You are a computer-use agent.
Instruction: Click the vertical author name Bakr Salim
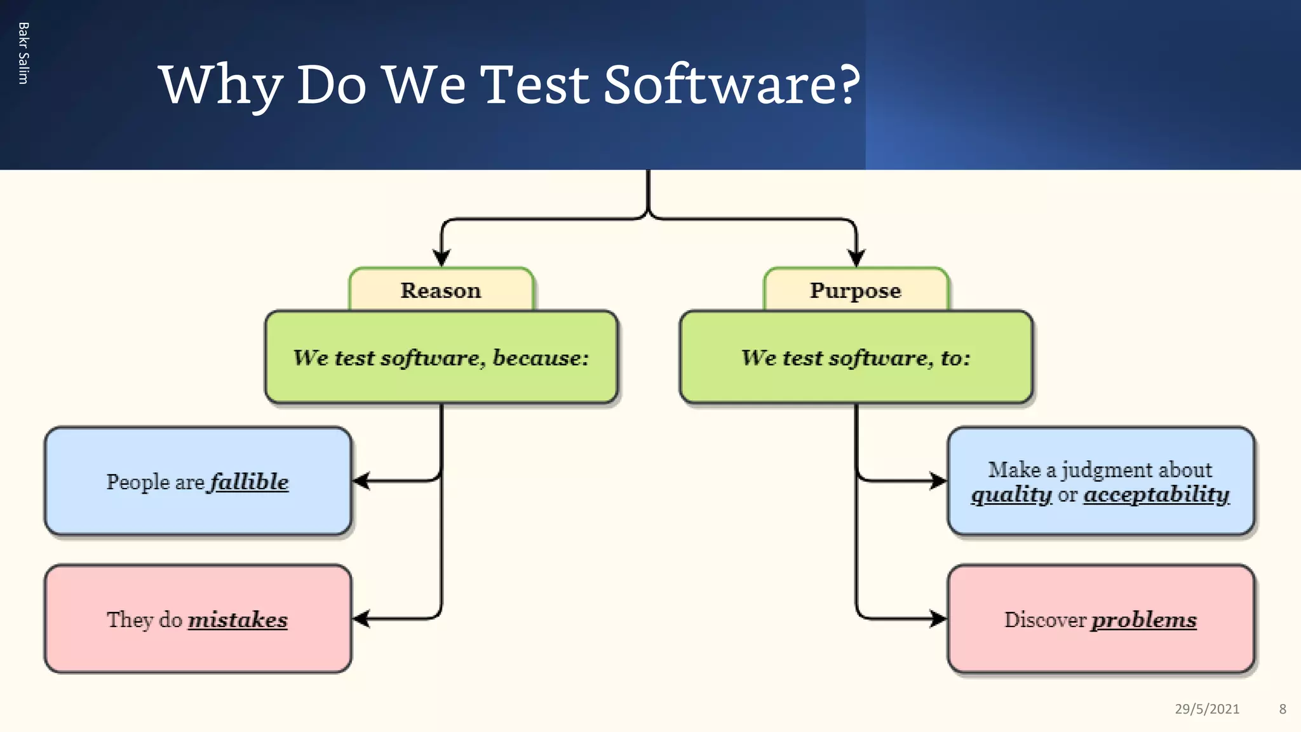[x=24, y=53]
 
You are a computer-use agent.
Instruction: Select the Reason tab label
[x=441, y=290]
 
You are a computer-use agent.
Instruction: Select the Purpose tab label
[x=855, y=290]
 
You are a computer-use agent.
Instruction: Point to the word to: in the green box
[x=955, y=358]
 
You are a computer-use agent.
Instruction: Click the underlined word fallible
[x=249, y=482]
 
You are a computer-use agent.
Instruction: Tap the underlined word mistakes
[x=238, y=620]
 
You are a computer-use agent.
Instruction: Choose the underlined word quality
[x=1011, y=494]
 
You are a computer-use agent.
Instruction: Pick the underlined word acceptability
[x=1156, y=494]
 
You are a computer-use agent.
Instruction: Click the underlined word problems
[x=1143, y=620]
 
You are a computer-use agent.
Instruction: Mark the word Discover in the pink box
[x=1045, y=620]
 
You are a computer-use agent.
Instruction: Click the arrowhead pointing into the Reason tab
[x=442, y=258]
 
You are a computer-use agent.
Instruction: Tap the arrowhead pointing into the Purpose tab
[x=856, y=258]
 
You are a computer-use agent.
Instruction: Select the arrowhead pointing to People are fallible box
[x=361, y=481]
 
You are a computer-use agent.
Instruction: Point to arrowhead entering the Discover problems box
[x=938, y=618]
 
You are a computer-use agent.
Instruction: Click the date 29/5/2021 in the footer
[x=1206, y=709]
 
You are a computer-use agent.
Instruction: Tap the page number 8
[x=1283, y=709]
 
